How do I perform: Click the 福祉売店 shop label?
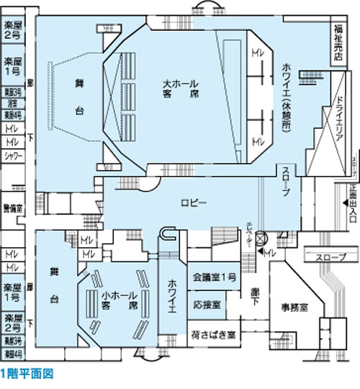[338, 43]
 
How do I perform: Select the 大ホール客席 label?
[180, 89]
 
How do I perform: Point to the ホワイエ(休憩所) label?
[285, 94]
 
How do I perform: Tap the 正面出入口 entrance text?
[353, 202]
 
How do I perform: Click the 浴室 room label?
[12, 103]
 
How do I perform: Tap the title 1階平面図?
[27, 375]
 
